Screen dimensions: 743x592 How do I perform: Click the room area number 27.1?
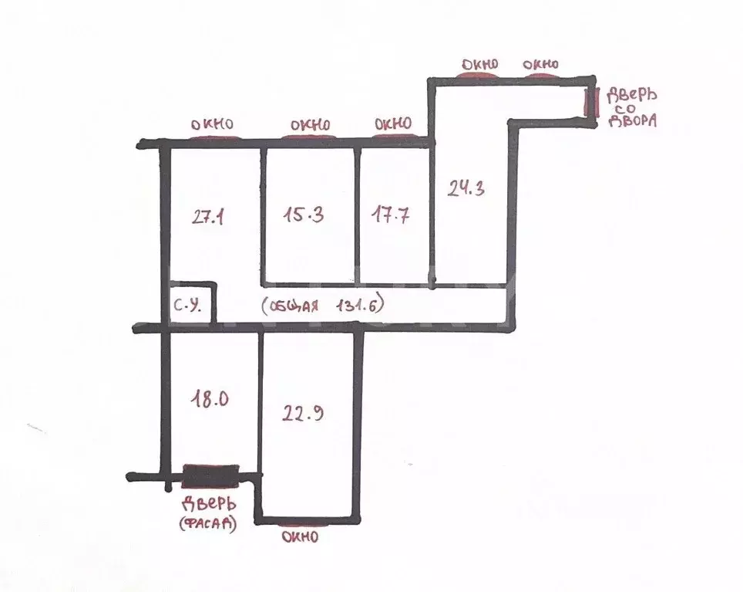208,217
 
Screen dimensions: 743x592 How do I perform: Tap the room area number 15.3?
304,215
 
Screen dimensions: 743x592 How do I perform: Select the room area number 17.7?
391,215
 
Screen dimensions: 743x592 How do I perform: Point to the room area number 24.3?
466,188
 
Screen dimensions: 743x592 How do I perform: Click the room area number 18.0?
210,399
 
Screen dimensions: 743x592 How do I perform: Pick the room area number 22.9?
303,413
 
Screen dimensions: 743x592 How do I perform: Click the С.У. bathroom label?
187,306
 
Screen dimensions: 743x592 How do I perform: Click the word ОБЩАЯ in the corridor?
294,306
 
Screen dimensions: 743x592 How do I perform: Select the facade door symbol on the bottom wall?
211,475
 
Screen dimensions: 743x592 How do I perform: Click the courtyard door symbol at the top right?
590,101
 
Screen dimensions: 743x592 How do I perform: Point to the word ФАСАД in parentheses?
208,523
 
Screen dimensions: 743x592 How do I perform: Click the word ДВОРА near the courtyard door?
633,121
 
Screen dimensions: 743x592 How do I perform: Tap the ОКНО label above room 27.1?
212,124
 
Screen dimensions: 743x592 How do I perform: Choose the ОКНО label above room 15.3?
311,125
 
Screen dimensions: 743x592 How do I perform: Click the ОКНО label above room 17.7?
393,123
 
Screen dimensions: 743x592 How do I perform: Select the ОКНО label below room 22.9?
301,537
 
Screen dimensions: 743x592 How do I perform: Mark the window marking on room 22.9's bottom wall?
303,524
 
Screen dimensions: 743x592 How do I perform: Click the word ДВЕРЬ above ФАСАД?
209,504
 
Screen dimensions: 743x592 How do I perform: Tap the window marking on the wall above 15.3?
309,137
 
